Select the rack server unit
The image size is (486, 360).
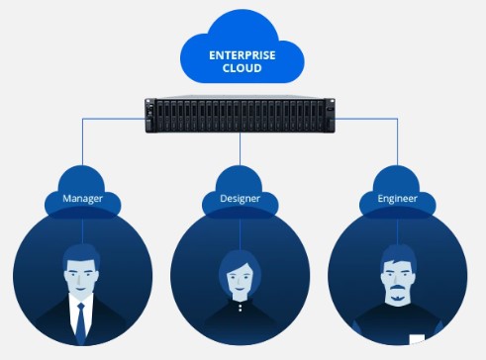click(x=242, y=115)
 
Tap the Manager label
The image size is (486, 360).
click(x=83, y=199)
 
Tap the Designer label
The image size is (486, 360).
click(x=241, y=199)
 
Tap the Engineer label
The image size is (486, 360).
click(x=397, y=199)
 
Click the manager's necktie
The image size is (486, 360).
click(x=80, y=318)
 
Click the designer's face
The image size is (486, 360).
click(x=240, y=280)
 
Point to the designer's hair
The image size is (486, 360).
click(x=240, y=258)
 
